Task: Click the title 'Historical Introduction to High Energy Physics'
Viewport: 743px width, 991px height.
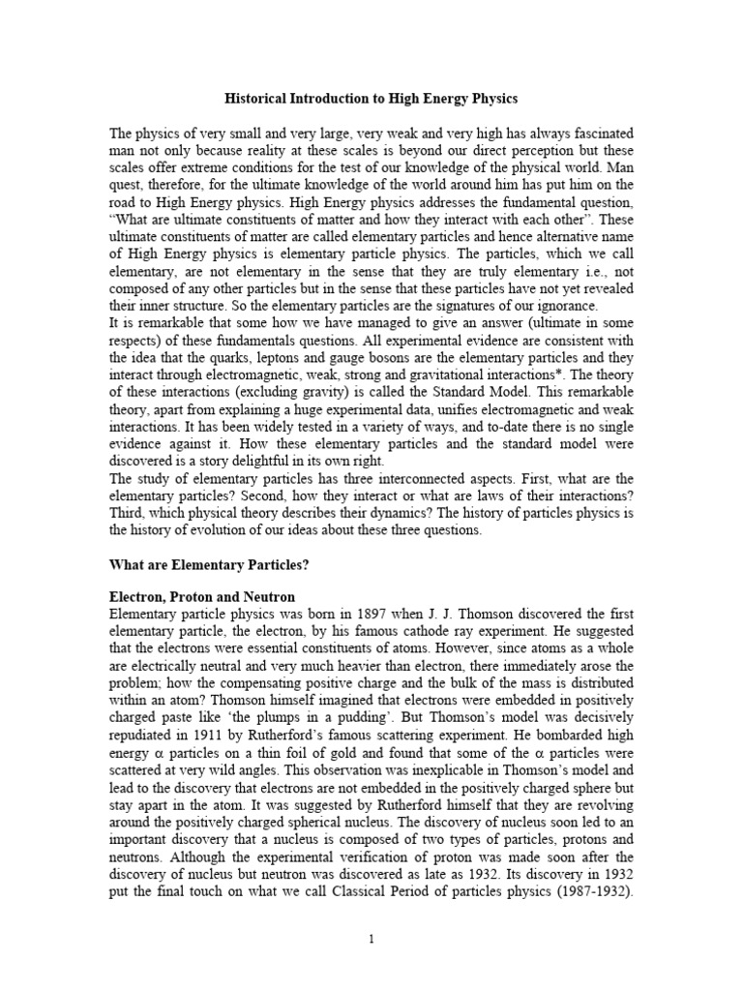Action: pyautogui.click(x=371, y=99)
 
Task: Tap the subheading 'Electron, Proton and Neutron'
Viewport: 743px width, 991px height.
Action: pyautogui.click(x=202, y=598)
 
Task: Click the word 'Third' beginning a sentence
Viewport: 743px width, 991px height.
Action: pyautogui.click(x=128, y=513)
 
